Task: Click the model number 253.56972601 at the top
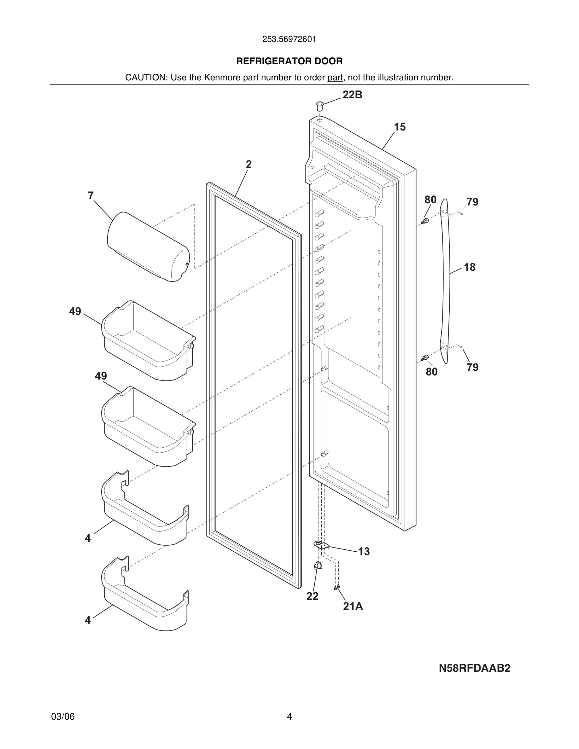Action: pyautogui.click(x=289, y=39)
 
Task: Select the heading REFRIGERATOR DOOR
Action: pyautogui.click(x=289, y=61)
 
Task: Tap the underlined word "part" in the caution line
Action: pyautogui.click(x=335, y=78)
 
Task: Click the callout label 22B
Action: pyautogui.click(x=352, y=95)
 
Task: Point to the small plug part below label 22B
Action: pyautogui.click(x=320, y=105)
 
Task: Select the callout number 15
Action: pyautogui.click(x=400, y=127)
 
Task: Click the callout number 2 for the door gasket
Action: pyautogui.click(x=249, y=165)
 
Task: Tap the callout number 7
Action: pyautogui.click(x=91, y=196)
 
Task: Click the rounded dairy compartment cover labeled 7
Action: pyautogui.click(x=148, y=247)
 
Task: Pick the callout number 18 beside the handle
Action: pyautogui.click(x=470, y=267)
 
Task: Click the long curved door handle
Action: pyautogui.click(x=445, y=281)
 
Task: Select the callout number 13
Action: pyautogui.click(x=364, y=551)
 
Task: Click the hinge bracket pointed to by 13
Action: pyautogui.click(x=321, y=545)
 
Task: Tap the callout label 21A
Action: pyautogui.click(x=353, y=606)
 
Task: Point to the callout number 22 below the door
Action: pyautogui.click(x=312, y=596)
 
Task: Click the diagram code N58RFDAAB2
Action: pyautogui.click(x=474, y=668)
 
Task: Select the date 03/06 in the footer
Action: pyautogui.click(x=63, y=717)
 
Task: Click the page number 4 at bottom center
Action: pyautogui.click(x=289, y=717)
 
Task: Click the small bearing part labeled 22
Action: pyautogui.click(x=318, y=566)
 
